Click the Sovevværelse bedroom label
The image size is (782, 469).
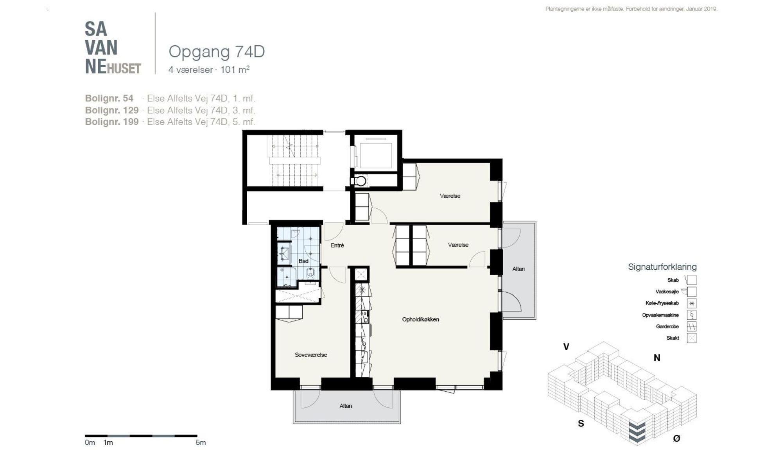click(x=311, y=355)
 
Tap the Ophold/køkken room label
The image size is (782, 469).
click(x=421, y=319)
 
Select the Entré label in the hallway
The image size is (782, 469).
click(x=337, y=245)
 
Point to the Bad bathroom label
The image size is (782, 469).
click(x=303, y=261)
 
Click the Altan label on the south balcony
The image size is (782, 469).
click(x=346, y=406)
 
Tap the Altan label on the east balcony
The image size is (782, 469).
click(x=518, y=269)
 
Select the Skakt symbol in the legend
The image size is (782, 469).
click(x=692, y=338)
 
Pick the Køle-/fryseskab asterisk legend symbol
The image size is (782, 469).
click(x=692, y=303)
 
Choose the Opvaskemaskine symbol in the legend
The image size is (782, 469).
click(x=692, y=315)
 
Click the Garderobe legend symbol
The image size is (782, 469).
click(x=692, y=326)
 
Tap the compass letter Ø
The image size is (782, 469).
click(x=676, y=439)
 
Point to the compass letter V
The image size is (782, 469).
click(x=566, y=347)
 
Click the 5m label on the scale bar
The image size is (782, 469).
click(x=201, y=443)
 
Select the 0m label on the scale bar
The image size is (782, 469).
click(x=90, y=443)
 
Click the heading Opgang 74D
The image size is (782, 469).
click(x=217, y=52)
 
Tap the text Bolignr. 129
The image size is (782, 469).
click(x=112, y=110)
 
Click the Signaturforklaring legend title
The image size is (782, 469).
click(x=662, y=267)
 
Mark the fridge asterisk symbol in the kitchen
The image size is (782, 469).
click(x=362, y=290)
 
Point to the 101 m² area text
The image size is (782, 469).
click(x=235, y=70)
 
